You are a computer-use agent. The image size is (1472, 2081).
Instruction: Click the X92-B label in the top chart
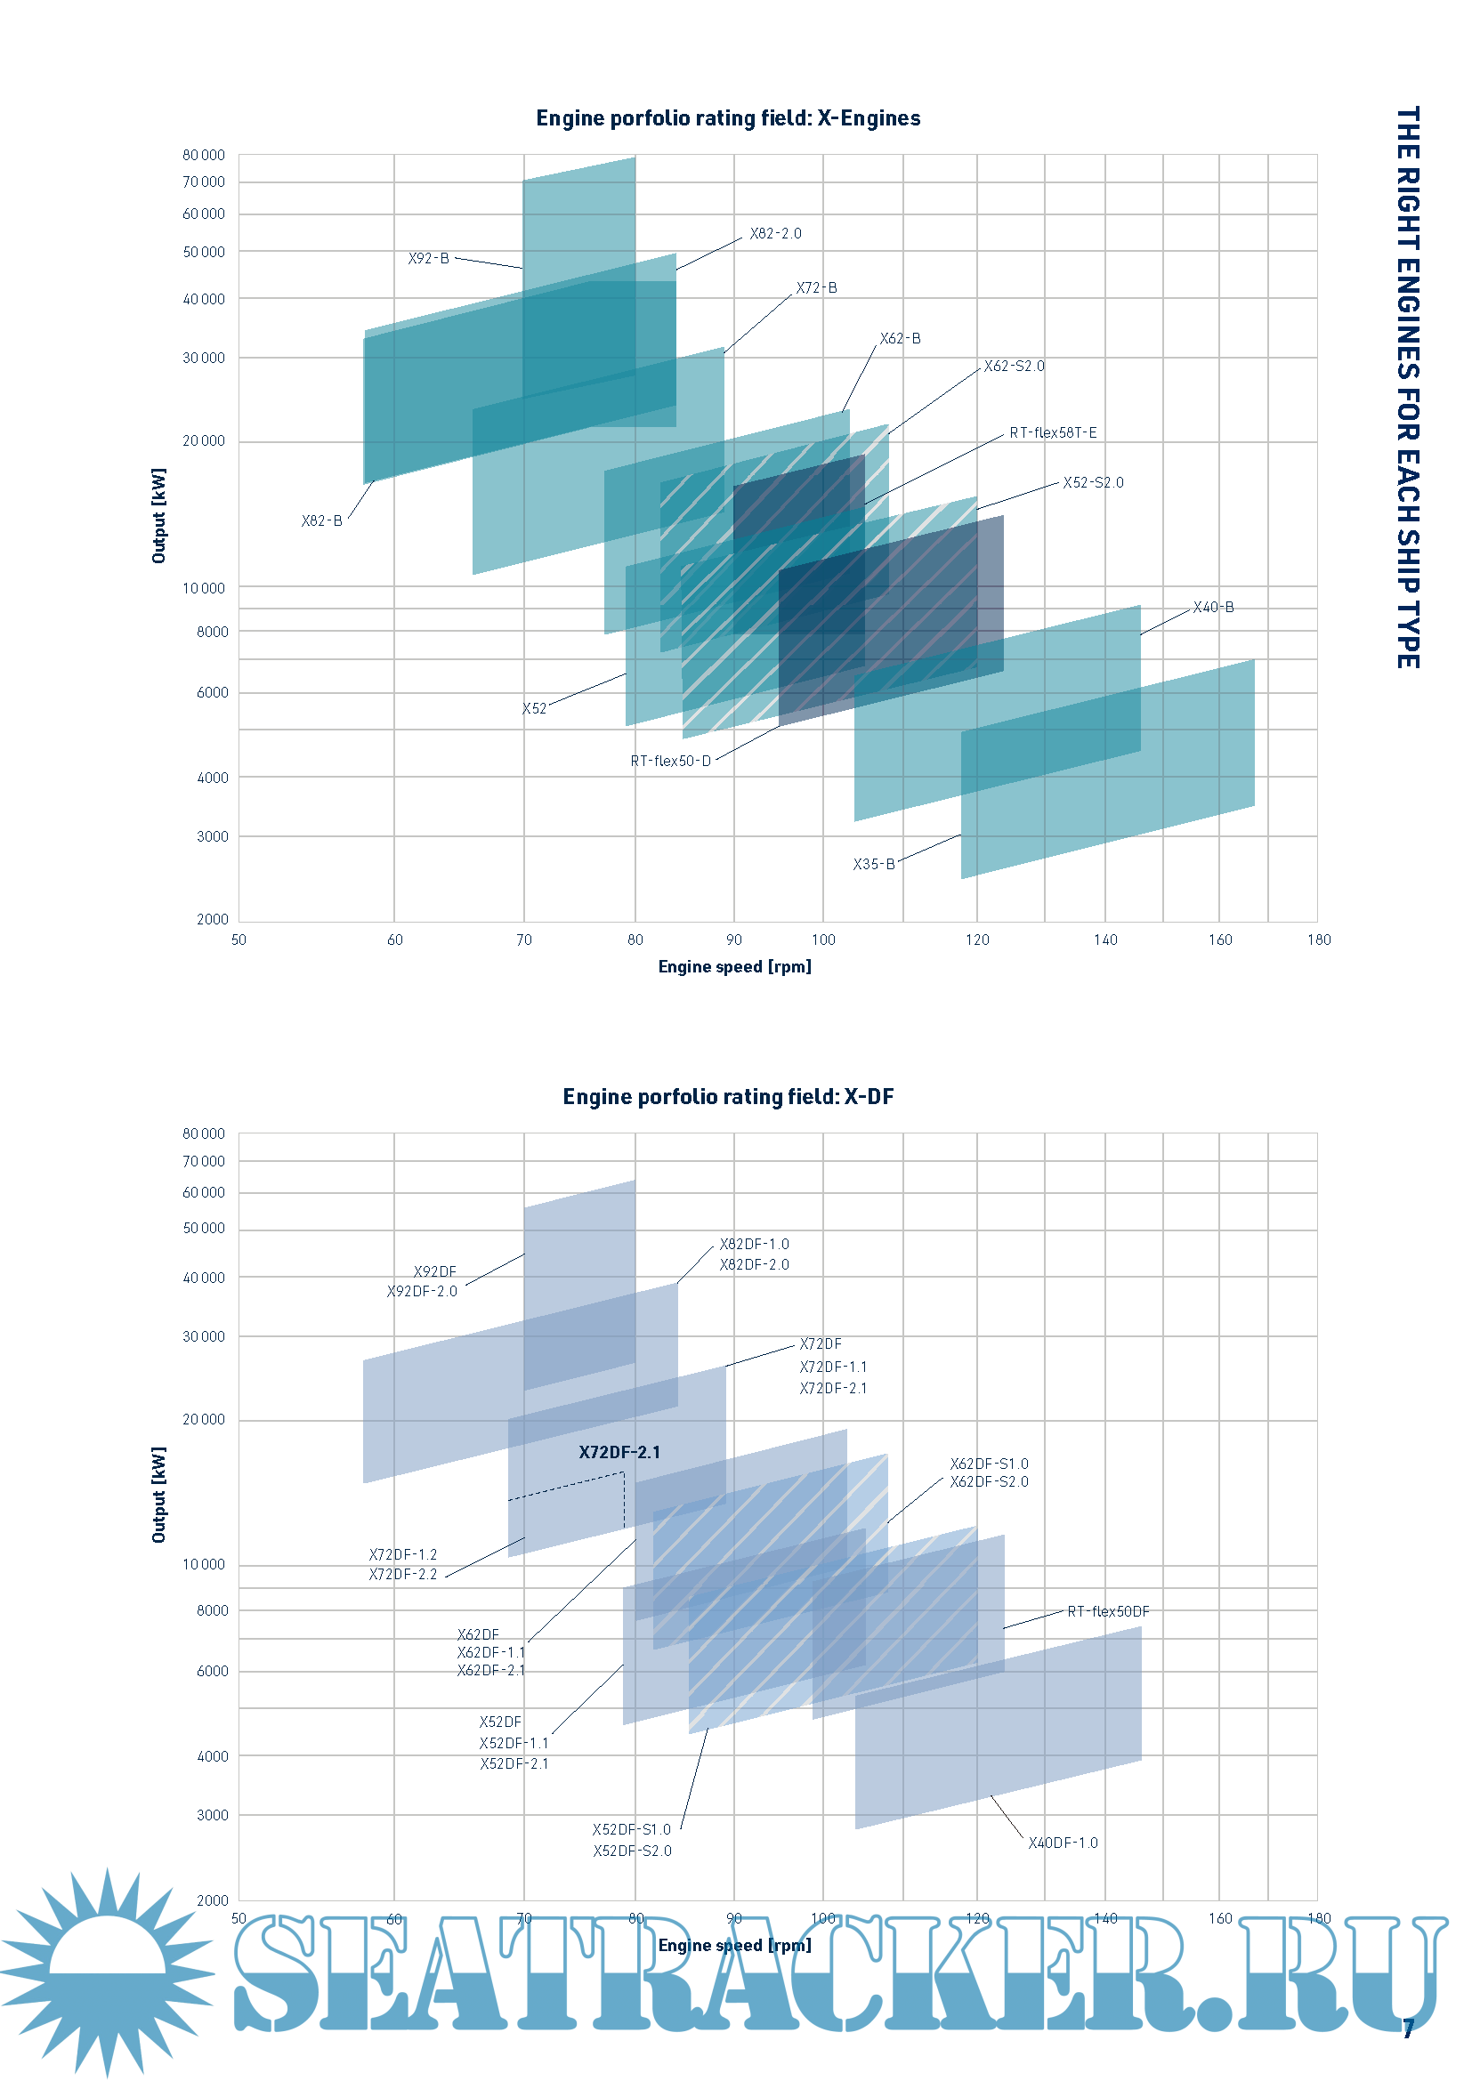coord(428,258)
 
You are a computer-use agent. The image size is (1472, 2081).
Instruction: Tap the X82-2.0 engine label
coord(775,234)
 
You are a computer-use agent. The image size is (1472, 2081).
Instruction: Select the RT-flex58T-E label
coord(1052,433)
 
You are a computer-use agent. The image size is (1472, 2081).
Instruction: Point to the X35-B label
coord(873,865)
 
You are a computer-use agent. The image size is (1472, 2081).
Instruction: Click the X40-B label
coord(1213,608)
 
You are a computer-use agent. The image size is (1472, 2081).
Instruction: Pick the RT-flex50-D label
coord(671,762)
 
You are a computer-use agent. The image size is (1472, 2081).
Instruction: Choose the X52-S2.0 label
coord(1092,483)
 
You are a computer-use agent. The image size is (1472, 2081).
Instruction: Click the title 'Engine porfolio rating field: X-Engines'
coord(728,118)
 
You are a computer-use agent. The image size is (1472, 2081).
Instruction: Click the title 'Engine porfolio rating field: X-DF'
coord(728,1097)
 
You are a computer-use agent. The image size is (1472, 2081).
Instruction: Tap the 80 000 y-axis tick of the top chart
coord(203,156)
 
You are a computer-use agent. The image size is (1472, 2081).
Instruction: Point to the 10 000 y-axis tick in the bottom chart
coord(203,1565)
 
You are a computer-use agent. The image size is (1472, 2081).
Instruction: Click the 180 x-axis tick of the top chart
coord(1319,940)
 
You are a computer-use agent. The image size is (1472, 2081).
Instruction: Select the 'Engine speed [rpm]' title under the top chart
coord(734,967)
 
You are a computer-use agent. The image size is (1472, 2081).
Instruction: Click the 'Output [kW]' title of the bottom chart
coord(159,1495)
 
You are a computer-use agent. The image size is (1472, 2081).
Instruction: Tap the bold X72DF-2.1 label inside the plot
coord(619,1453)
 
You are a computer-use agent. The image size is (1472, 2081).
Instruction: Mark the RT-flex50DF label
coord(1108,1611)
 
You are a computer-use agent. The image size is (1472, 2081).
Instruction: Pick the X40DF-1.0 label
coord(1063,1843)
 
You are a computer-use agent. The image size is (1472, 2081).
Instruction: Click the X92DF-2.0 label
coord(422,1292)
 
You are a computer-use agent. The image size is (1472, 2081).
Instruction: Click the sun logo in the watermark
coord(109,1972)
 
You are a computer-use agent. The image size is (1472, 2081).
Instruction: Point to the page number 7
coord(1408,2029)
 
